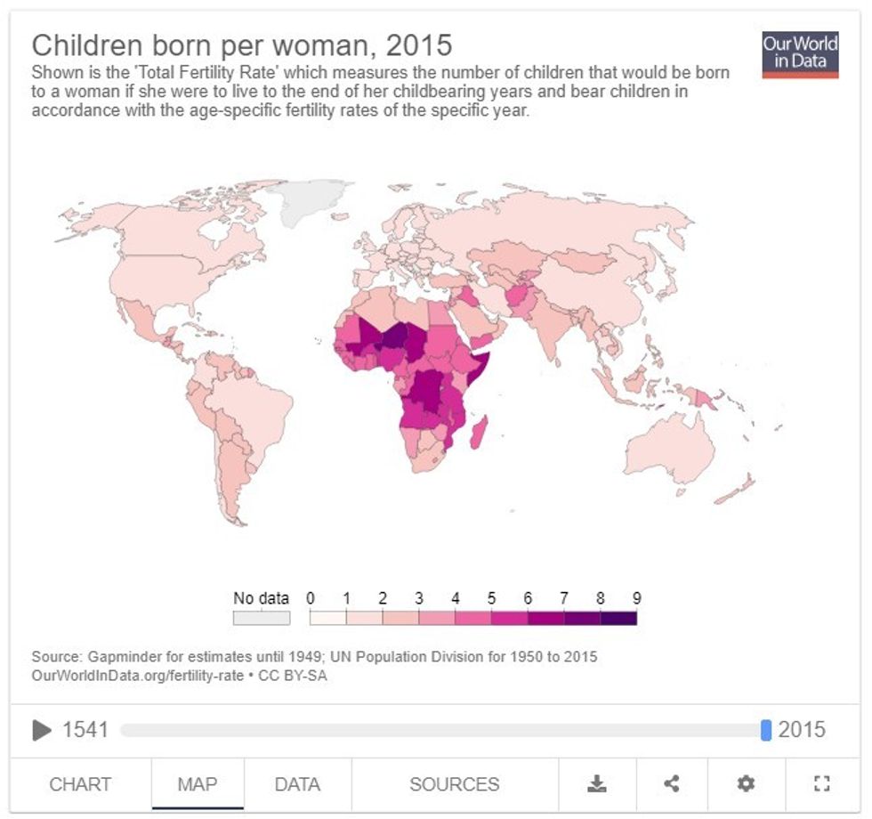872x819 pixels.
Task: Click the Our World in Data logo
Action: (800, 54)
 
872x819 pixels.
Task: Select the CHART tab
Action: (80, 784)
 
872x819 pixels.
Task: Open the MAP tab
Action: (197, 784)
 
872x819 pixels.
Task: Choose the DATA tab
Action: (297, 784)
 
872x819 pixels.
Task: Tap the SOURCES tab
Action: (454, 784)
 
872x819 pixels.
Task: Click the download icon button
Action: (596, 784)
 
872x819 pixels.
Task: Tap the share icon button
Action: (672, 784)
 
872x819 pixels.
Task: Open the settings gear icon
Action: (746, 784)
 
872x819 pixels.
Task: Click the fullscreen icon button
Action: (821, 784)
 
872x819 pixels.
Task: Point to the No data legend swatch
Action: (262, 618)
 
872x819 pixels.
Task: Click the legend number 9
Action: (636, 598)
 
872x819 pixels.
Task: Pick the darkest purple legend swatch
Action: (618, 618)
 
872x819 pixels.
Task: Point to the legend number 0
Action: (310, 598)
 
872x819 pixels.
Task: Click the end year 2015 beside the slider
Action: (802, 730)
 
